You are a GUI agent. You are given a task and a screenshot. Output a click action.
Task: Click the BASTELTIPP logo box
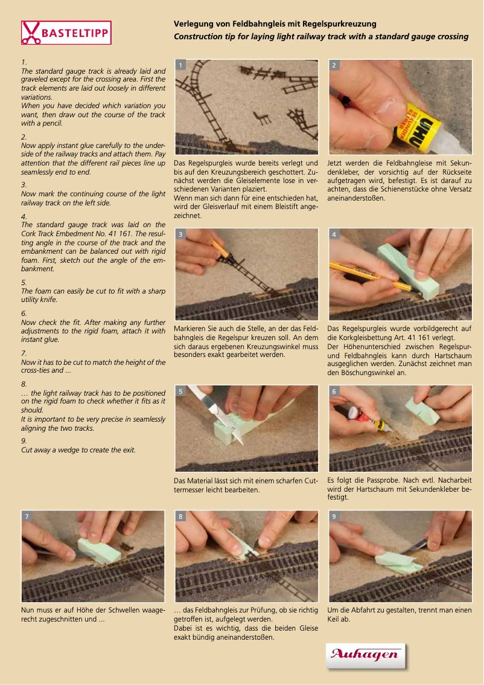[x=66, y=33]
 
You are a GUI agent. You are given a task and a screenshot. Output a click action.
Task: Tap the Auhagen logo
[x=365, y=656]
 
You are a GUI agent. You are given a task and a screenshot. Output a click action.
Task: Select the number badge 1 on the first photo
[x=180, y=65]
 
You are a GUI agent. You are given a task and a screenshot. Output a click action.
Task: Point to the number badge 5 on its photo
[x=180, y=391]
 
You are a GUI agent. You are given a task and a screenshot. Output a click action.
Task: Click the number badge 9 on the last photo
[x=334, y=516]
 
